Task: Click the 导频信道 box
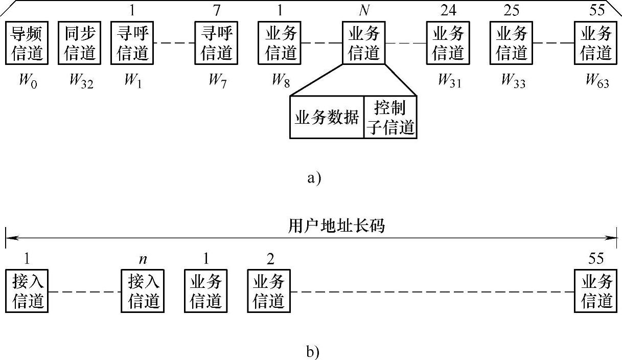tap(27, 43)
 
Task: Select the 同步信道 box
tap(79, 43)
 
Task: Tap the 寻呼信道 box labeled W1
tap(132, 43)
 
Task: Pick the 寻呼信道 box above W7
tap(216, 43)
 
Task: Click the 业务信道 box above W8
tap(279, 43)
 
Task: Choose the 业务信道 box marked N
tap(363, 43)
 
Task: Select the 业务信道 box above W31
tap(448, 43)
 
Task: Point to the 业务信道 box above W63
tap(595, 43)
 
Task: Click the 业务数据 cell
tap(327, 117)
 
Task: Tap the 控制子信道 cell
tap(390, 117)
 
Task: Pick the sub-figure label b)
tap(313, 351)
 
